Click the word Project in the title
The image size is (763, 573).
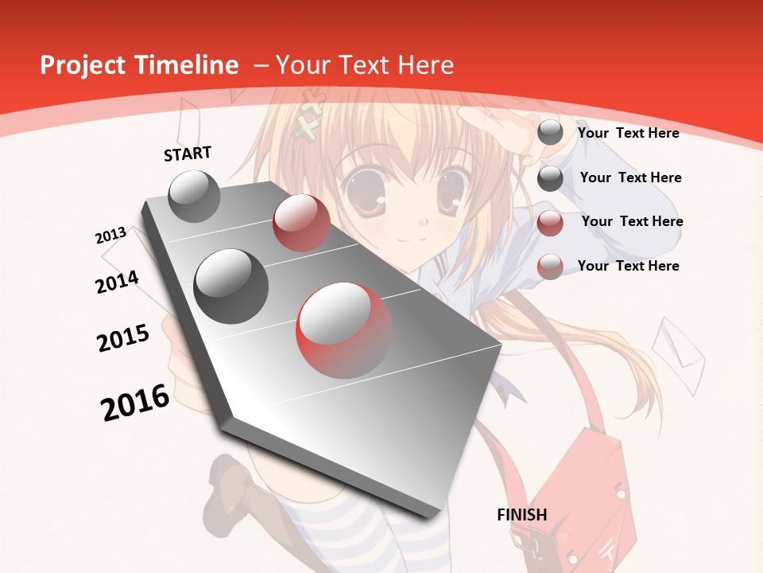(x=82, y=65)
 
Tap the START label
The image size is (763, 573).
(x=188, y=154)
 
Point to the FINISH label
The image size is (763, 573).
(x=522, y=515)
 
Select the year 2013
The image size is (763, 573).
(x=111, y=236)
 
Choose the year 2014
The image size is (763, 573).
(x=117, y=282)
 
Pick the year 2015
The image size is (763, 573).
(x=123, y=338)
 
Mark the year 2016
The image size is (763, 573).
(x=135, y=402)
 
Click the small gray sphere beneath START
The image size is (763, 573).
(x=195, y=196)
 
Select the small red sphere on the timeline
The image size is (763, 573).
(x=301, y=223)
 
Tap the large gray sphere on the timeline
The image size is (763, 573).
(x=231, y=286)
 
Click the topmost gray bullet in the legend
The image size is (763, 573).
(x=550, y=133)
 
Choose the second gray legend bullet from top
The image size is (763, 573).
(x=550, y=178)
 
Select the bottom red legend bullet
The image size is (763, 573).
(x=550, y=267)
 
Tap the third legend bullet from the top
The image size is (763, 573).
(x=550, y=223)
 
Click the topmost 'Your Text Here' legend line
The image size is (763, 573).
(x=628, y=133)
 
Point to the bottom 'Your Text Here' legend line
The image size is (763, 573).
(x=628, y=266)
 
